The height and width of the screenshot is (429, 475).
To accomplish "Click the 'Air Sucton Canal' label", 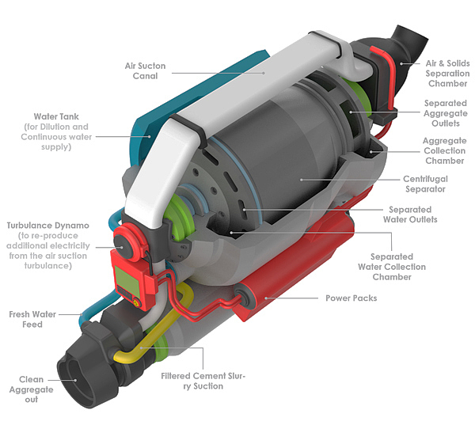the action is [146, 70].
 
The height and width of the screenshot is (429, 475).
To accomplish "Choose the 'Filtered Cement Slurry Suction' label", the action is [204, 381].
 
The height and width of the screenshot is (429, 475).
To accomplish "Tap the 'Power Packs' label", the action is [351, 298].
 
